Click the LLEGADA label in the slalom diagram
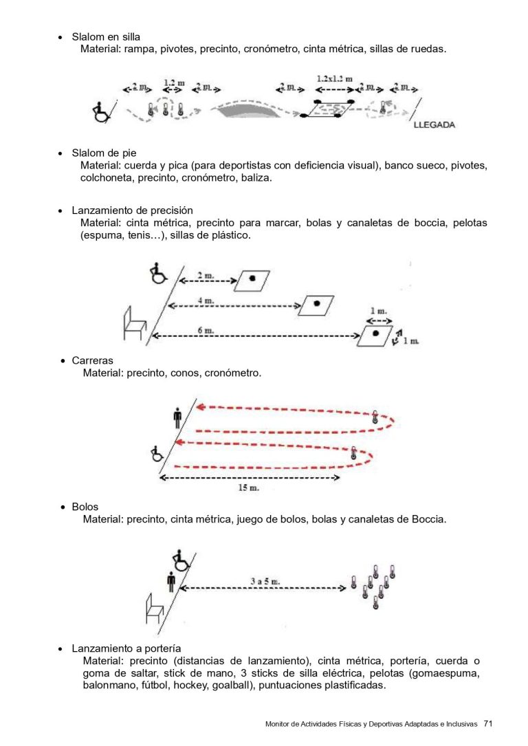pyautogui.click(x=434, y=125)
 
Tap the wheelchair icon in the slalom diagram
pyautogui.click(x=102, y=111)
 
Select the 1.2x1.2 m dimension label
pyautogui.click(x=335, y=79)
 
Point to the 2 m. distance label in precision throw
pyautogui.click(x=205, y=275)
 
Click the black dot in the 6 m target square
pyautogui.click(x=376, y=333)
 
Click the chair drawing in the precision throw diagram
pyautogui.click(x=134, y=324)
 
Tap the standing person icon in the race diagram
pyautogui.click(x=178, y=417)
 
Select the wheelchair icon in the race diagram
pyautogui.click(x=157, y=453)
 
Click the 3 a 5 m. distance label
pyautogui.click(x=265, y=582)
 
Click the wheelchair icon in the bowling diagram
pyautogui.click(x=181, y=560)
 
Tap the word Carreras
pyautogui.click(x=93, y=360)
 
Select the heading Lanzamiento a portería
pyautogui.click(x=126, y=648)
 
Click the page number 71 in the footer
pyautogui.click(x=488, y=723)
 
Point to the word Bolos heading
pyautogui.click(x=85, y=507)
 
